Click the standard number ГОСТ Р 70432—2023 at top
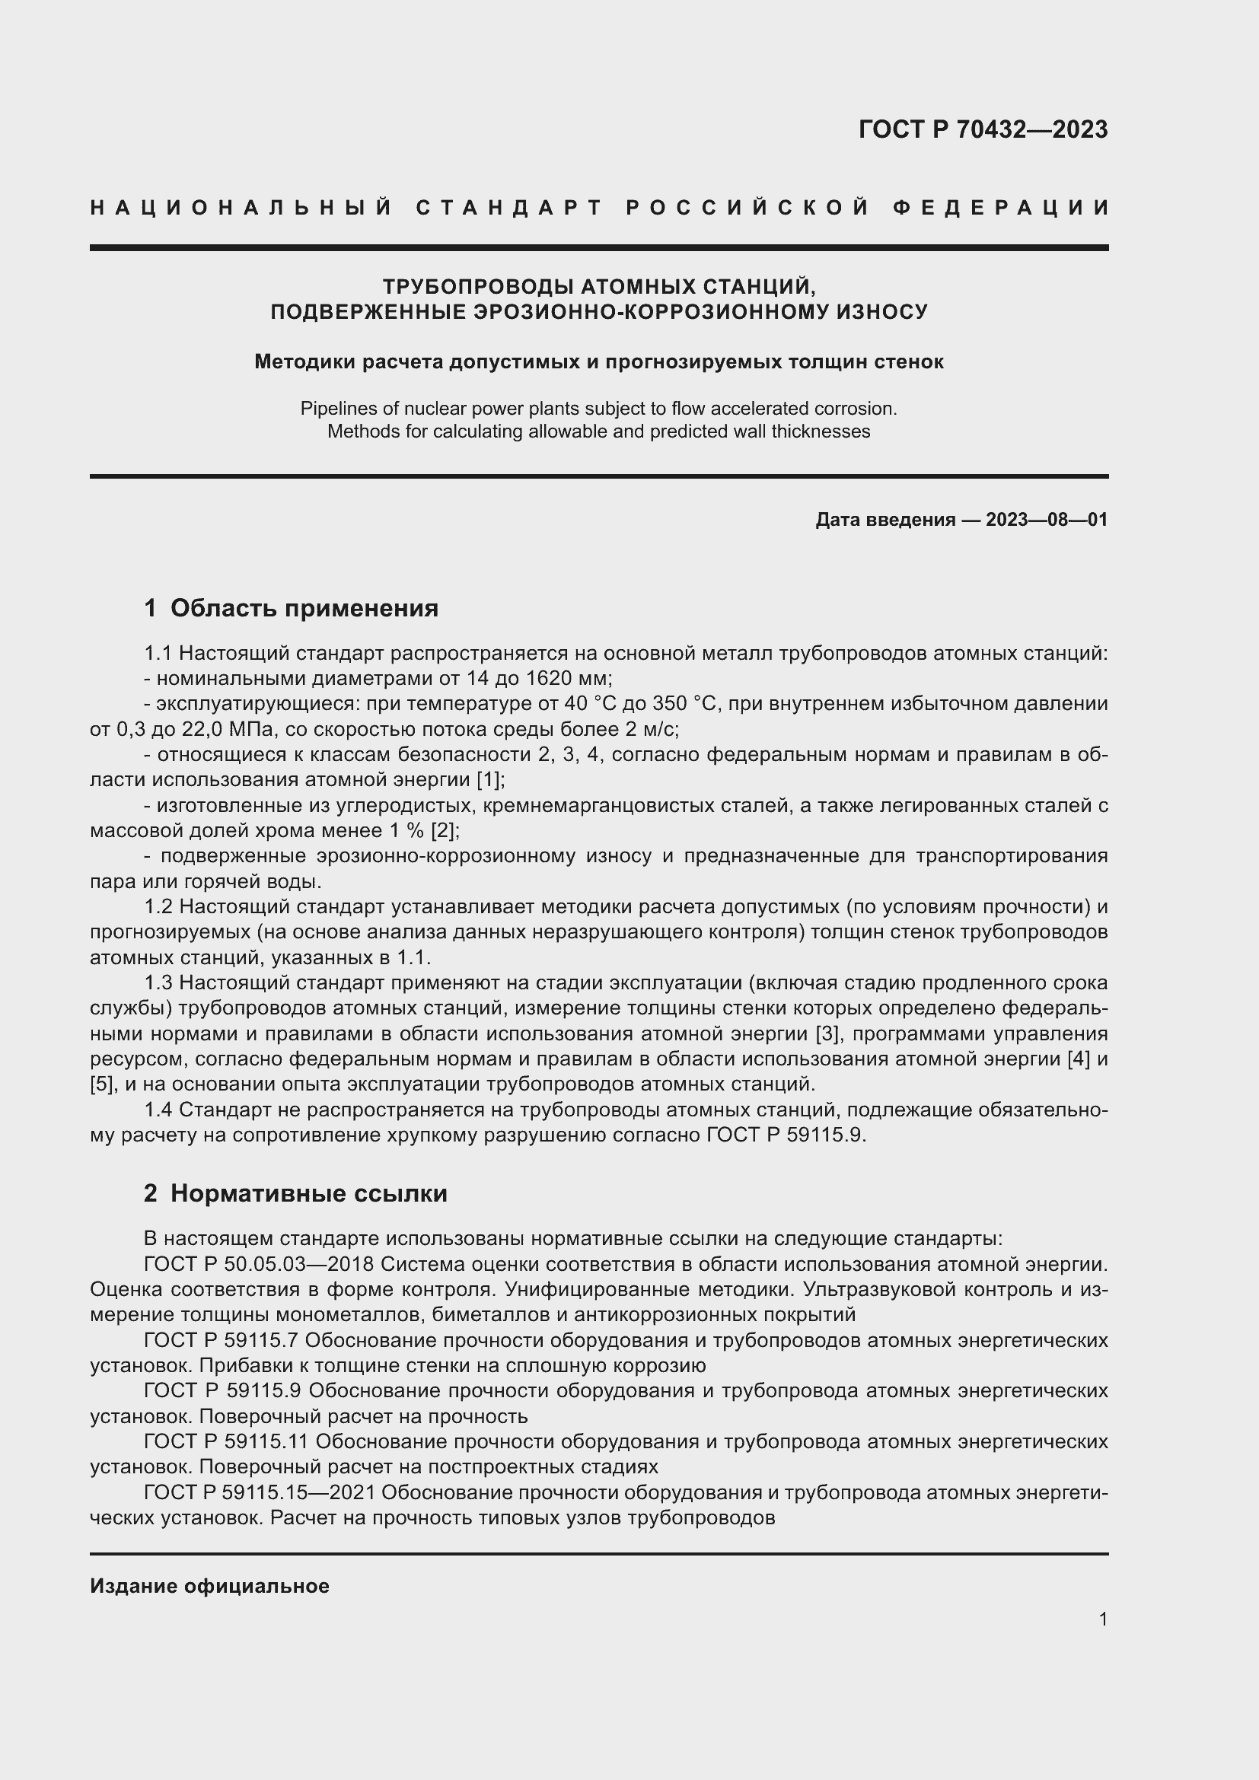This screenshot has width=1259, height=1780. pos(982,129)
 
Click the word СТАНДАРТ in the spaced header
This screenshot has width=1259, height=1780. pos(509,208)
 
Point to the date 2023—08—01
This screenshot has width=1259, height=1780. pos(1047,520)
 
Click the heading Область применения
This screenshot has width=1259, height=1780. pos(304,608)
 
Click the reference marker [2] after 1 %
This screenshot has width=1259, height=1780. pos(445,831)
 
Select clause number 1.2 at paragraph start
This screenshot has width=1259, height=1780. pos(159,907)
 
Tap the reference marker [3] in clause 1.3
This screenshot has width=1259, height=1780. pos(829,1034)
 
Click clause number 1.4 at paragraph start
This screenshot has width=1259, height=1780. pos(159,1110)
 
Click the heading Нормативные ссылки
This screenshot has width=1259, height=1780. pos(308,1193)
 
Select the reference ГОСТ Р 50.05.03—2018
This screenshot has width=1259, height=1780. pos(259,1264)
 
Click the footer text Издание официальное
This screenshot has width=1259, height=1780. pos(209,1586)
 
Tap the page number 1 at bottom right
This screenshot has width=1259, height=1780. pos(1102,1619)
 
